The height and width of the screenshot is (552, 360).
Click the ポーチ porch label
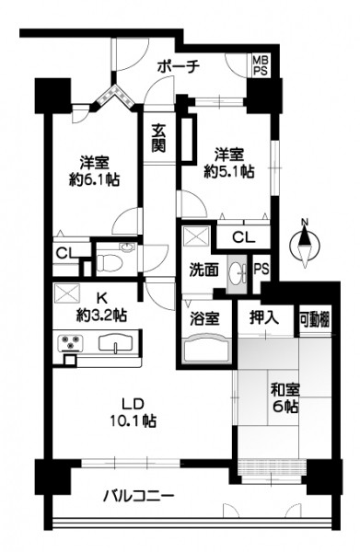[x=179, y=66]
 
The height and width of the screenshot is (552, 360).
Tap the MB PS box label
[x=261, y=64]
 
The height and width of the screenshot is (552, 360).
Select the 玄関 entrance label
[x=158, y=138]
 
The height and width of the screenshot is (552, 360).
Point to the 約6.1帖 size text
[x=94, y=180]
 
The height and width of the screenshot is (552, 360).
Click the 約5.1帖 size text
[x=229, y=171]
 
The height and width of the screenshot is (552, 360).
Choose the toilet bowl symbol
[x=110, y=262]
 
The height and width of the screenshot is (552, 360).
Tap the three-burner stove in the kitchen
[x=71, y=343]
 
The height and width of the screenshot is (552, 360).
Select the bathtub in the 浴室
[x=206, y=350]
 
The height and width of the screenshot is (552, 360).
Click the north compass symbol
[x=305, y=244]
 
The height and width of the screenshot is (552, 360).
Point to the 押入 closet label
[x=264, y=317]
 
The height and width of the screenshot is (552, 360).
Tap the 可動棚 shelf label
[x=315, y=320]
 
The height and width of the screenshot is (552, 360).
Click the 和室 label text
[x=285, y=390]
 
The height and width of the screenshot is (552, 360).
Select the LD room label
[x=134, y=404]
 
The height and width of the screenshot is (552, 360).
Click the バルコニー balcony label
[x=138, y=497]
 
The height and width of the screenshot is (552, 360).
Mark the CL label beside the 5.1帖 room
[x=243, y=238]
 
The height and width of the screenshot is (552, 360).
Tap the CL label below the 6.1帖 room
[x=66, y=253]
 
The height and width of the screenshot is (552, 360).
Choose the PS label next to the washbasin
[x=261, y=270]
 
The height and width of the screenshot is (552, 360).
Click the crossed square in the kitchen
[x=67, y=293]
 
